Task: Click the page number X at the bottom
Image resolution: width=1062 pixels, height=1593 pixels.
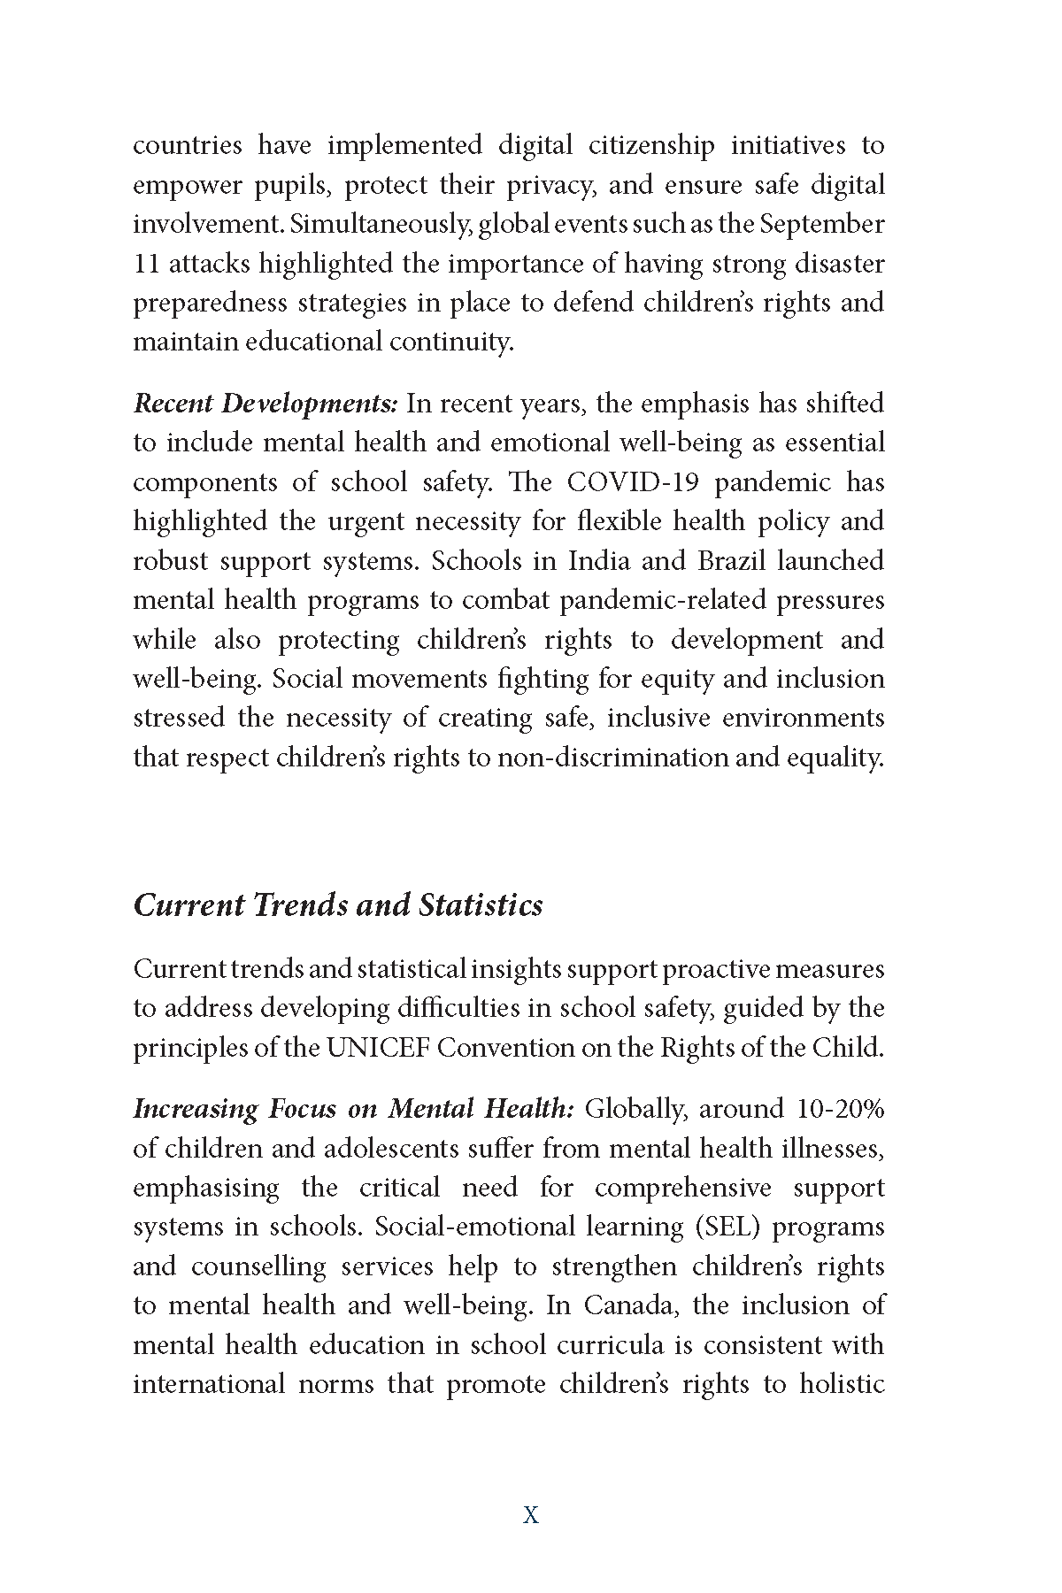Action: tap(531, 1515)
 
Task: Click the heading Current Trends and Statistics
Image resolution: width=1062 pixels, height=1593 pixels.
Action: tap(337, 905)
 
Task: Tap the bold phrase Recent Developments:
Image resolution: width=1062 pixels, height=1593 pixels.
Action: tap(265, 404)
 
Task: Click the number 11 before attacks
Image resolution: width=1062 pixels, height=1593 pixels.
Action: tap(146, 264)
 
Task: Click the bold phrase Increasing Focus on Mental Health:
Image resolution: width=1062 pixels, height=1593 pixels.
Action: tap(354, 1108)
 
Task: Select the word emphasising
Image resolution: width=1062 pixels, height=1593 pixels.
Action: tap(205, 1187)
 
